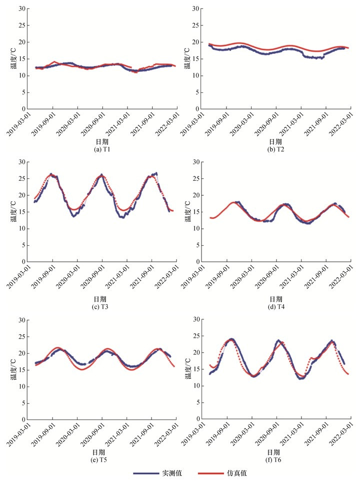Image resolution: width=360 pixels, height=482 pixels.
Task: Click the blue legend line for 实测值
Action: (x=145, y=473)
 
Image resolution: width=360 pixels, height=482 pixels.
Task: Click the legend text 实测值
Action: (x=171, y=473)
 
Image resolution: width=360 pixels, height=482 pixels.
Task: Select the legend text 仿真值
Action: (x=236, y=473)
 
